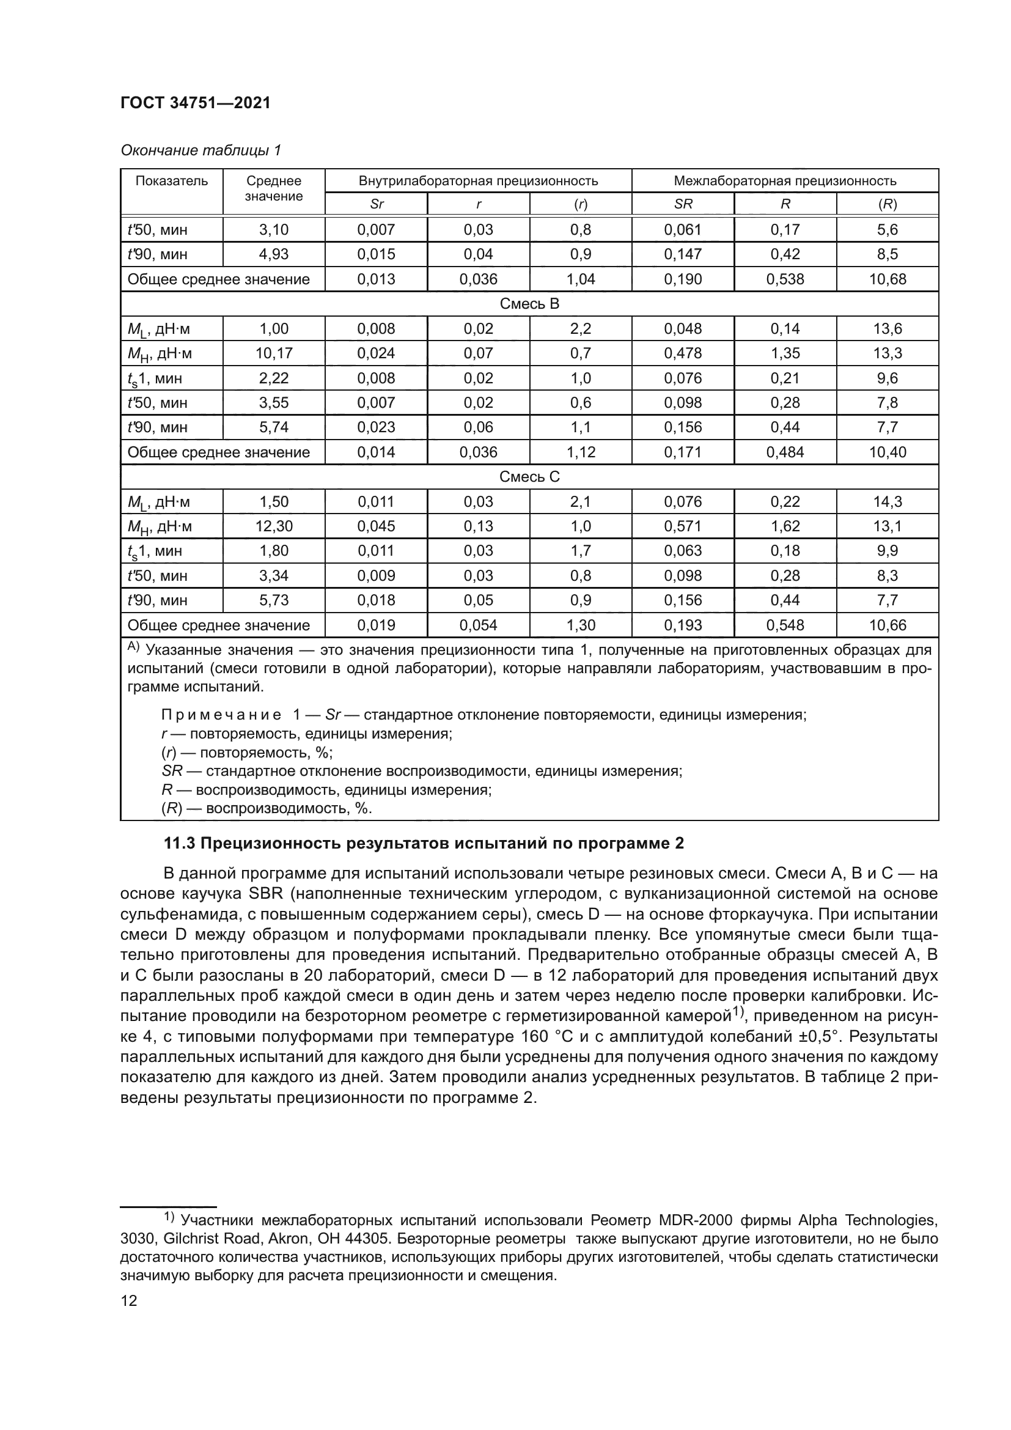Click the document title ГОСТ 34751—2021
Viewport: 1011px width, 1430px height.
click(196, 103)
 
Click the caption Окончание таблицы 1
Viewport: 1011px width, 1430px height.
click(200, 150)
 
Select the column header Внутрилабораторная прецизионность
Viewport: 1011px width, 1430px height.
click(477, 180)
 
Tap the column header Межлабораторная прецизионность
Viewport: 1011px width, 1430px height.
click(784, 180)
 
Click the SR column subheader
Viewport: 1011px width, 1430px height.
click(682, 204)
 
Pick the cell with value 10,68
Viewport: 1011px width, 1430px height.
click(887, 279)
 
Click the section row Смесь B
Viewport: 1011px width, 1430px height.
click(529, 304)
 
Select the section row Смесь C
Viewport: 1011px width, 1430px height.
click(529, 477)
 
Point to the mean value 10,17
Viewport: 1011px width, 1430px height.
click(273, 353)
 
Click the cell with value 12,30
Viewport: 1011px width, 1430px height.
click(273, 526)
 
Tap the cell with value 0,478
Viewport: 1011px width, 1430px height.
click(682, 353)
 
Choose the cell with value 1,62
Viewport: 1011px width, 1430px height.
click(784, 526)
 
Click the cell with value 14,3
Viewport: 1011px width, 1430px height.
click(887, 501)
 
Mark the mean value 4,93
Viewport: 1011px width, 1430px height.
click(273, 254)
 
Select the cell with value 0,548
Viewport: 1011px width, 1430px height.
click(784, 625)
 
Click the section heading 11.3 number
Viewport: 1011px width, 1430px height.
click(179, 844)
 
